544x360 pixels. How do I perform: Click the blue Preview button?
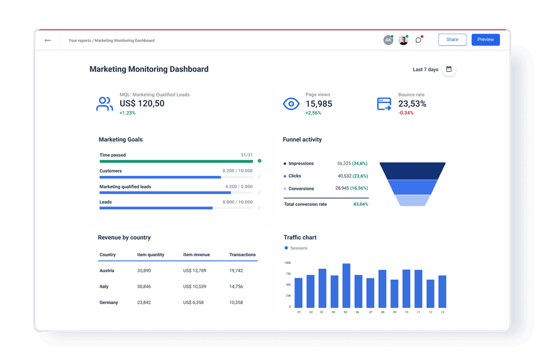coord(485,40)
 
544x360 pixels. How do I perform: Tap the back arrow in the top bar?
coord(48,40)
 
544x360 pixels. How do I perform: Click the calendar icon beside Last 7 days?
coord(449,69)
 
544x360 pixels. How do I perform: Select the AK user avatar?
coord(388,40)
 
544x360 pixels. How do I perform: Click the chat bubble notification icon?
coord(418,40)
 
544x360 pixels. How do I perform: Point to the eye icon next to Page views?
coord(291,104)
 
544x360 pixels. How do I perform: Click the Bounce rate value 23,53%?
coord(412,104)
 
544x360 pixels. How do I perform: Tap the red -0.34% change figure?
coord(406,113)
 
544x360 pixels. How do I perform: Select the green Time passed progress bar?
coord(176,161)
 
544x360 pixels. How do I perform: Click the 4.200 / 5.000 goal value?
coord(239,187)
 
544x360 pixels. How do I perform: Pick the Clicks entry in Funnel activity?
coord(294,176)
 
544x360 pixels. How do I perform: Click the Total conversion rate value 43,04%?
coord(360,204)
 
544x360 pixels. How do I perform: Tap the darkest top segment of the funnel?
coord(412,171)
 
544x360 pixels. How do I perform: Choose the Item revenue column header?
coord(196,255)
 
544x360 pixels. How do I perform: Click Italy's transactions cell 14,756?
coord(236,286)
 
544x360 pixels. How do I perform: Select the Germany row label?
coord(109,302)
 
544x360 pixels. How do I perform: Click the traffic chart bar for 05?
coord(346,285)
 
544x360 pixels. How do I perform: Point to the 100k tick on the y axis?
coord(287,263)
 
